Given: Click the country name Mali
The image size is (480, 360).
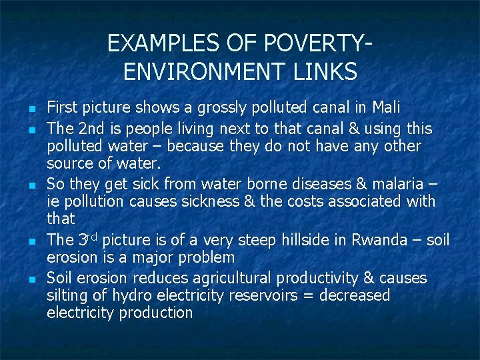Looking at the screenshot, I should tap(387, 107).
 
